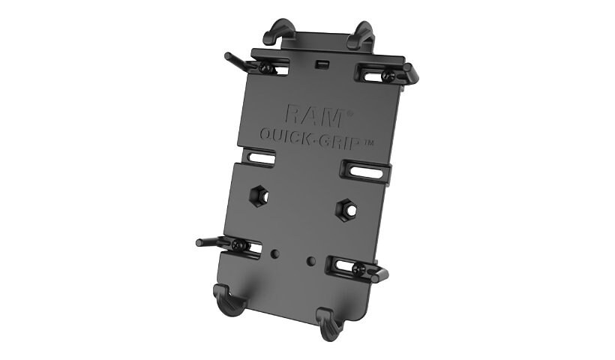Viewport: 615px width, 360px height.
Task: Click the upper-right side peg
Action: [410, 73]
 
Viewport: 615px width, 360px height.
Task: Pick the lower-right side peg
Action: [379, 274]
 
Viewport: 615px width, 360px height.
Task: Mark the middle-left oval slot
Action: [260, 157]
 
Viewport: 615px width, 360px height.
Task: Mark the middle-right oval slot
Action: [365, 172]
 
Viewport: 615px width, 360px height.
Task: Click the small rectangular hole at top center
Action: [322, 64]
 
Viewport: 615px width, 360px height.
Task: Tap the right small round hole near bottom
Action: [310, 260]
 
